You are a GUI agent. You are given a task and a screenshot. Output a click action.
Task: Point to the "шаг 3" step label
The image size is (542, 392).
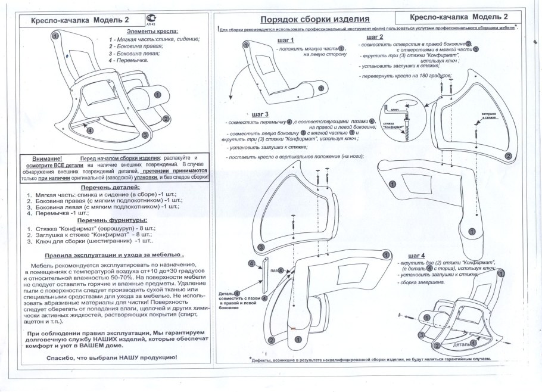pos(257,114)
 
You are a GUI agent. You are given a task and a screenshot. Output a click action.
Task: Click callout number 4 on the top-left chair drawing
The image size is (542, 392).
pos(89,129)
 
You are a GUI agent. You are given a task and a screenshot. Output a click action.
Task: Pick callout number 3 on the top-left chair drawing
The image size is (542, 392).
pos(145,135)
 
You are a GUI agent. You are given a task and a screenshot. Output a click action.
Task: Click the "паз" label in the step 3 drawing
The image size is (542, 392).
pos(273,270)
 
